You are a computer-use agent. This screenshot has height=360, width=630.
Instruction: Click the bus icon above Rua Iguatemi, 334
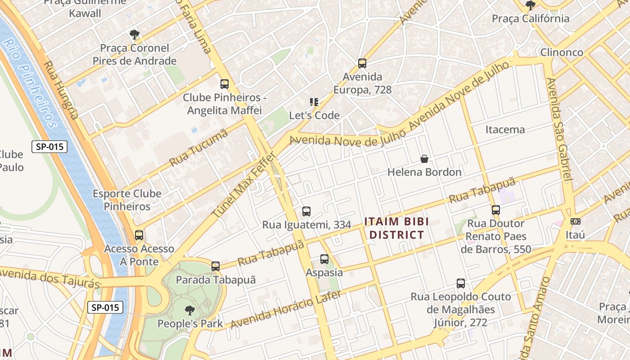click(306, 211)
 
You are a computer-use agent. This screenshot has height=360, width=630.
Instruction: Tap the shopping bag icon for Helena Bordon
click(424, 159)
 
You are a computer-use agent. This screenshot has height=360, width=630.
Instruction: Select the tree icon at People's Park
click(190, 310)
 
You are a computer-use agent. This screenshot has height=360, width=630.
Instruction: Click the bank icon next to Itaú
click(575, 221)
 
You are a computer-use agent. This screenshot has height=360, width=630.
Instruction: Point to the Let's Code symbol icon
click(314, 102)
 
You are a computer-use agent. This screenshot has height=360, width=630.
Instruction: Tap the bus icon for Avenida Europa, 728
click(362, 63)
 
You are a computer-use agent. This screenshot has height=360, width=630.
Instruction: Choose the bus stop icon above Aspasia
click(324, 259)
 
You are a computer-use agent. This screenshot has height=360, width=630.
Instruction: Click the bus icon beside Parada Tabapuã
click(216, 266)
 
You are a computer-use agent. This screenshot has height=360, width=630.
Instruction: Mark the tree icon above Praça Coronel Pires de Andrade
click(134, 34)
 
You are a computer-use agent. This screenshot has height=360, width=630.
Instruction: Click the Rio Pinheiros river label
click(30, 83)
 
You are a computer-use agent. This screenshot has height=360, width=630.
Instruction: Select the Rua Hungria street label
click(61, 90)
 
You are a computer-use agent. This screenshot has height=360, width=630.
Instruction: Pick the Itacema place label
click(505, 130)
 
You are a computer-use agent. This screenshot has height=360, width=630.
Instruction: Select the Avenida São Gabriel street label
click(559, 130)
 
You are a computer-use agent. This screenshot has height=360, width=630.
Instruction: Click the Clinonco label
click(562, 52)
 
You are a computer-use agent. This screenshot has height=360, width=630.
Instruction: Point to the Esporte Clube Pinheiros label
click(127, 200)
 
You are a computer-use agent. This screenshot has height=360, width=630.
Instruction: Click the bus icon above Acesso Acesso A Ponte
click(139, 235)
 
